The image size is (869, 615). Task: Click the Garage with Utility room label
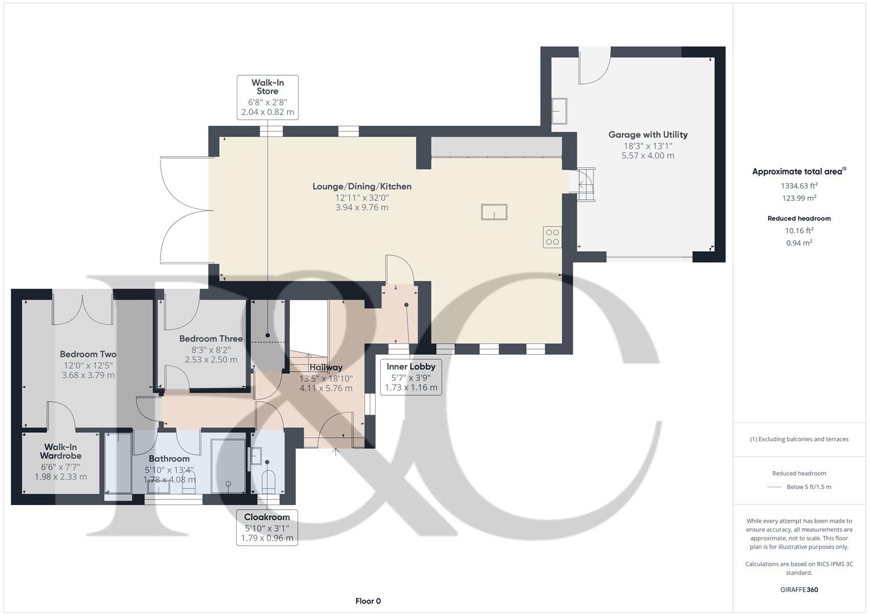pos(648,135)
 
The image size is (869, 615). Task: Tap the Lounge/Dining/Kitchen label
pos(361,186)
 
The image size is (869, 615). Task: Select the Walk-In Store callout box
pos(267,97)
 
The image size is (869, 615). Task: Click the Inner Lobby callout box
pos(410,377)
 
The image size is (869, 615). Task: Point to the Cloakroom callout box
pos(267,527)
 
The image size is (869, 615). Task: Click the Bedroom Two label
pos(88,354)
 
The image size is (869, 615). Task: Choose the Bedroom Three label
pos(211,339)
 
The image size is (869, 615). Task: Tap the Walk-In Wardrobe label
pos(60,452)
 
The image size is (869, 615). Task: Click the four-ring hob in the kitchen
pos(552,237)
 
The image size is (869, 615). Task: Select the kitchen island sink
pos(493,212)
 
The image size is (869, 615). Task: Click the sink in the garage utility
pos(559,110)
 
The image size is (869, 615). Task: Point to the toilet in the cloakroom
pos(269,482)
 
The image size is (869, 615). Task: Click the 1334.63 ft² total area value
pos(799,186)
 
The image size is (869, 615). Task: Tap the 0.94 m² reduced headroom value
pos(799,243)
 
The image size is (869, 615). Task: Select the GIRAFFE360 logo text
pos(799,590)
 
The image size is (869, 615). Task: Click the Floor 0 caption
pos(368,601)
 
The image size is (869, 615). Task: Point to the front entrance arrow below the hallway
pos(335,452)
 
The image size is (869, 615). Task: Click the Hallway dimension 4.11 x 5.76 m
pos(326,388)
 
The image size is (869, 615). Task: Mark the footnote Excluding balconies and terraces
pos(799,439)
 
